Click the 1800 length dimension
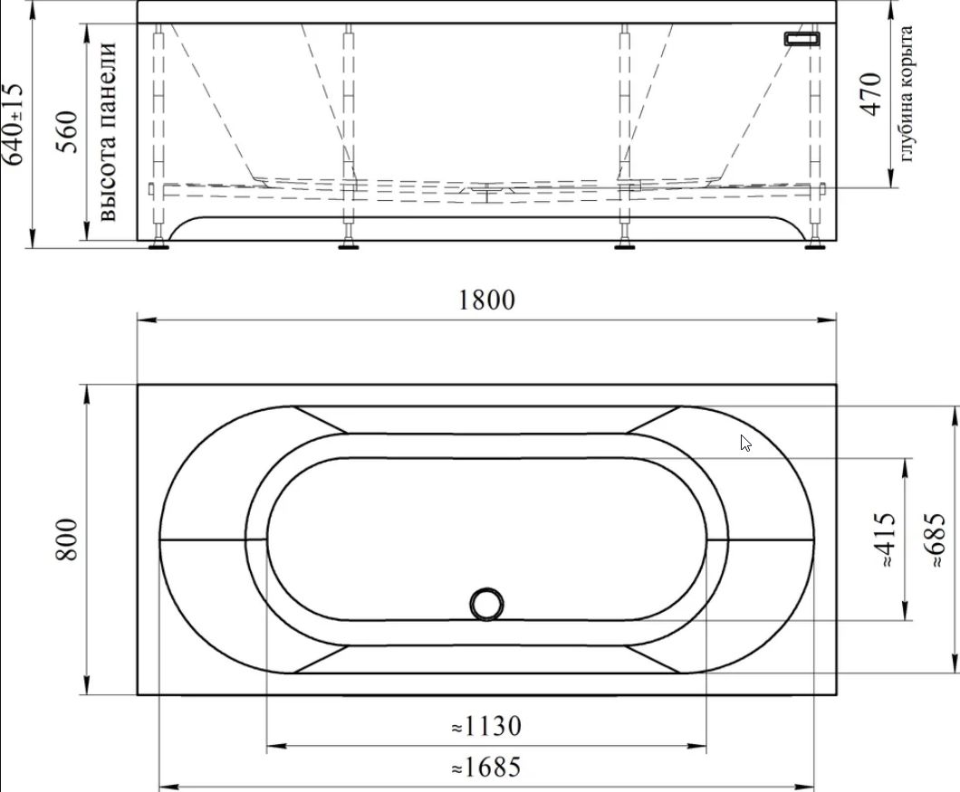pos(486,300)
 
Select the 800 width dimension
pos(66,539)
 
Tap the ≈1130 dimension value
pos(486,727)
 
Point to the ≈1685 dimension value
pos(486,767)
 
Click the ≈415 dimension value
pos(884,539)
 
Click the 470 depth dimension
pos(870,93)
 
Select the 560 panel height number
pos(67,131)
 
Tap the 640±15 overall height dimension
pos(13,124)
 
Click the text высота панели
pos(107,131)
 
